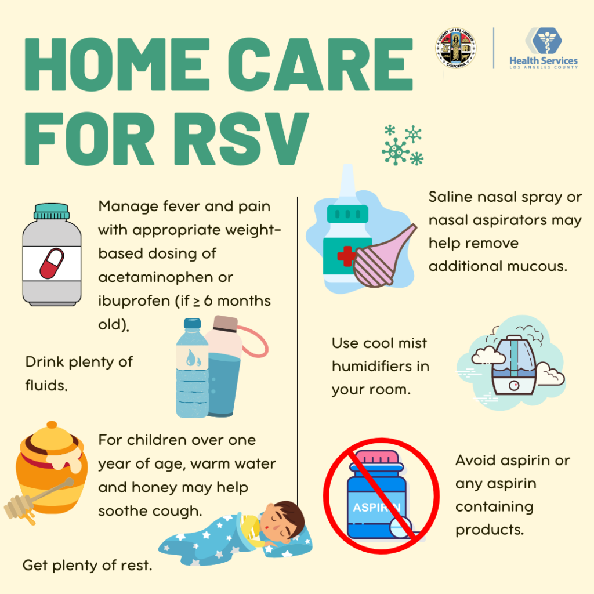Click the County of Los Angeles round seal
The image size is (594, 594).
coord(455,49)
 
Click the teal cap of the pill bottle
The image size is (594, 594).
coord(51,211)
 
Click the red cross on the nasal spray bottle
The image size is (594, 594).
coord(346,256)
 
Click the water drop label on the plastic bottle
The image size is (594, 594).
coord(190,360)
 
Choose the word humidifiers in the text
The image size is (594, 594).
coord(380,366)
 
